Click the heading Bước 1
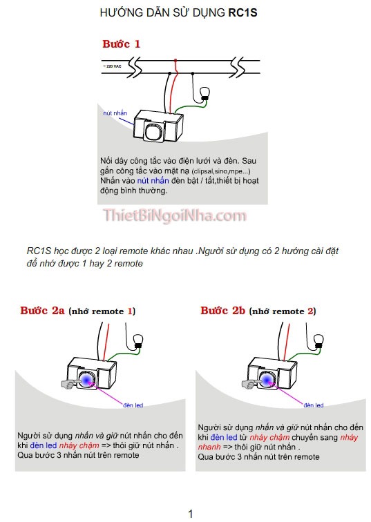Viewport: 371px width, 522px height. (122, 43)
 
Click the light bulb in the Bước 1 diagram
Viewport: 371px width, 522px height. (204, 95)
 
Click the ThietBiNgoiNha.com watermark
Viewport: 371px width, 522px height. (175, 216)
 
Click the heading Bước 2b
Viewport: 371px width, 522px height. (223, 311)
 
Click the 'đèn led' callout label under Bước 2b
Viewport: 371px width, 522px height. (314, 405)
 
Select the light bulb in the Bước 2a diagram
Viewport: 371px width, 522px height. (137, 339)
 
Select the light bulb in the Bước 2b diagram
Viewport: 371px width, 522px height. (318, 339)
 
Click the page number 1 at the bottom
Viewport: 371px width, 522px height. (191, 513)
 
